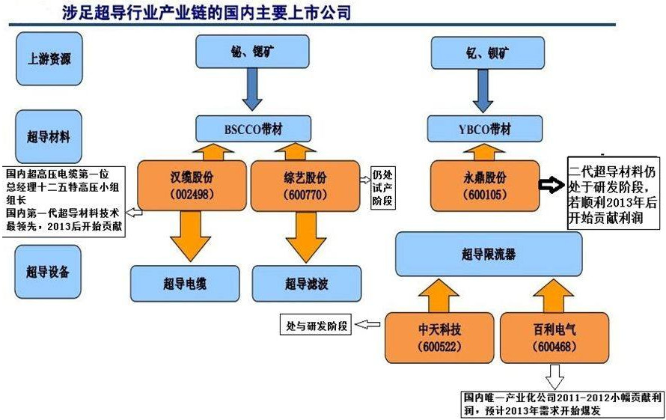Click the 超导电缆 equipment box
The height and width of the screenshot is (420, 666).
pos(184,283)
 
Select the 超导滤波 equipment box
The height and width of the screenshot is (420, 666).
pos(306,283)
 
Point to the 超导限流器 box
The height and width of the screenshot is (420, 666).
pos(488,255)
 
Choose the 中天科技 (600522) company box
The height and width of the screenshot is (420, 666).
pos(439,338)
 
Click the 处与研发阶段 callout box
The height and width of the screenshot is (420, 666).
pos(315,325)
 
